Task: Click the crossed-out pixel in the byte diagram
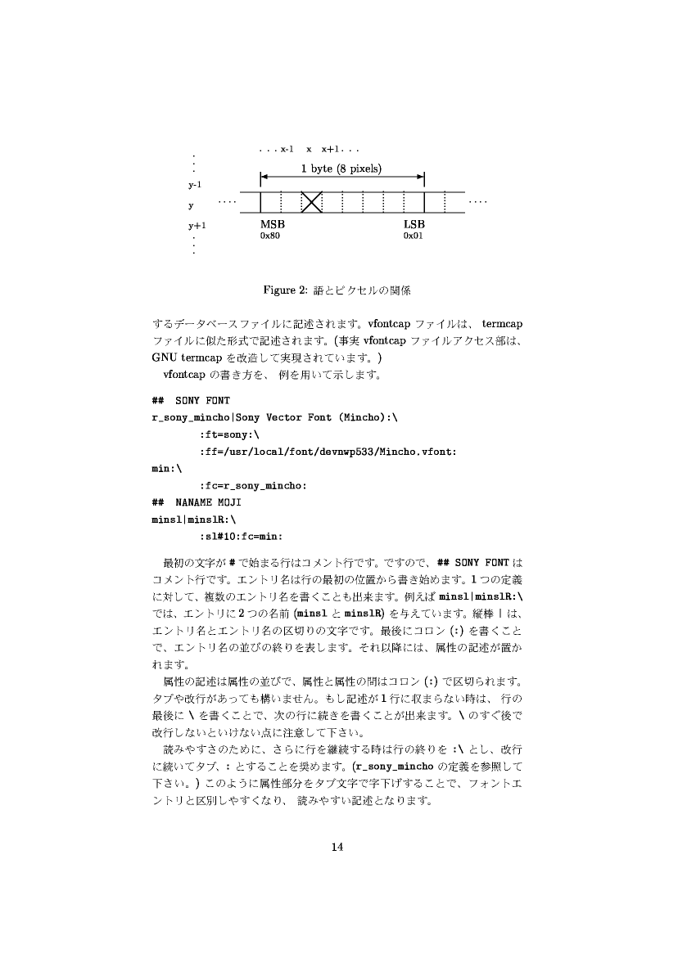click(x=311, y=201)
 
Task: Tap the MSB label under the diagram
click(x=273, y=224)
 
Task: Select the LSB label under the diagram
click(x=414, y=224)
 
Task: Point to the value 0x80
click(x=270, y=236)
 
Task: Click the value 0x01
click(x=413, y=236)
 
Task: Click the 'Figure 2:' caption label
click(x=284, y=290)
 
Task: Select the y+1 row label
click(x=197, y=224)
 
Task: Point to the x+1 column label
click(x=331, y=150)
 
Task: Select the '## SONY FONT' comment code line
click(x=191, y=401)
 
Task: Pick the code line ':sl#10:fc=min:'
click(x=241, y=537)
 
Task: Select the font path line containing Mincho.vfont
click(x=328, y=452)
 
